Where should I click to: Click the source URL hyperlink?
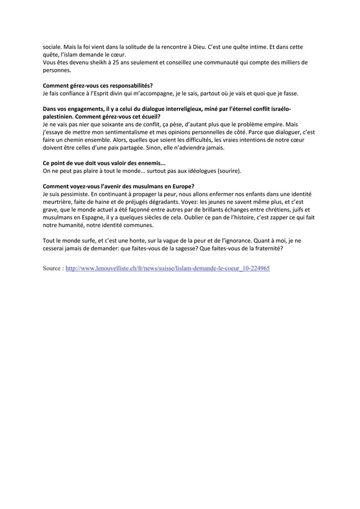167,268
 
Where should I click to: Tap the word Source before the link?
53,268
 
